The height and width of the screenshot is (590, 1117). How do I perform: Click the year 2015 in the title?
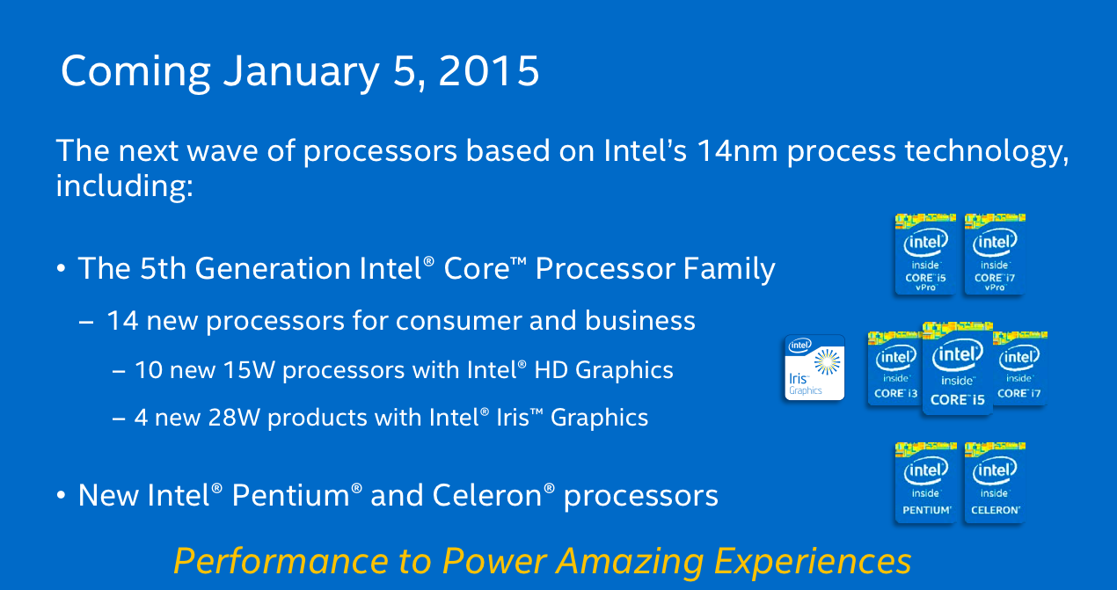(x=489, y=71)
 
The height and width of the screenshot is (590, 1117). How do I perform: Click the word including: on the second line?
(x=124, y=186)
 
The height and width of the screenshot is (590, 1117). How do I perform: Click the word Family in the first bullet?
(x=729, y=269)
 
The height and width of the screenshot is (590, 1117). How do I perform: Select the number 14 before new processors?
(x=122, y=321)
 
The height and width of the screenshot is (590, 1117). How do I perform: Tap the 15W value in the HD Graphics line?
(x=249, y=370)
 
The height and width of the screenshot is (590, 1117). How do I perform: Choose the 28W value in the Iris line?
(x=234, y=418)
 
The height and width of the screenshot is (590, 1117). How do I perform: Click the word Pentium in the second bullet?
(x=291, y=496)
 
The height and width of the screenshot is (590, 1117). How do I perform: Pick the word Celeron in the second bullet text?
(x=486, y=496)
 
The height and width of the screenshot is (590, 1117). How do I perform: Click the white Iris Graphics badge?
(x=814, y=368)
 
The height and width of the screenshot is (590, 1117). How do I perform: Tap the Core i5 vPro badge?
(x=925, y=254)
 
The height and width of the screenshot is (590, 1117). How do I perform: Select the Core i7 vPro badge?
(x=995, y=254)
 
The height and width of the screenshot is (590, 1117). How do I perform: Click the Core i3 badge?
(x=895, y=368)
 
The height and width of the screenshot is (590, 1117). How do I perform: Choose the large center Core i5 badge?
(x=958, y=368)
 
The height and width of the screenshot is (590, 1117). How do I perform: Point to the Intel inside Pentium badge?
(x=925, y=483)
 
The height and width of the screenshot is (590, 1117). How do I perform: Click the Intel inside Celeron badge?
(x=995, y=483)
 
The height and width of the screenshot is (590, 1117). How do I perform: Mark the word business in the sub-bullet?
(x=639, y=320)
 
